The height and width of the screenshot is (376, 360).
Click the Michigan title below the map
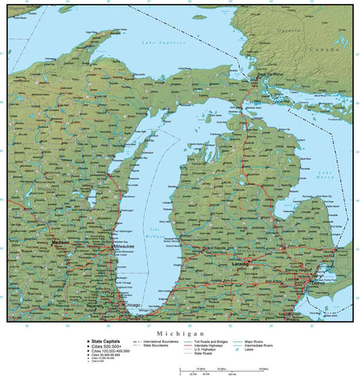[180, 332]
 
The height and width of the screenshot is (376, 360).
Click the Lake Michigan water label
[155, 232]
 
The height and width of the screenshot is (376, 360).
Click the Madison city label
[60, 243]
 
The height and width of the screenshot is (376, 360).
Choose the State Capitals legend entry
[106, 342]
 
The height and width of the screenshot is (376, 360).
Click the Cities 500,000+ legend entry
[107, 346]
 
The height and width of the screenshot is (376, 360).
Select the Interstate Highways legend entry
[210, 345]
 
